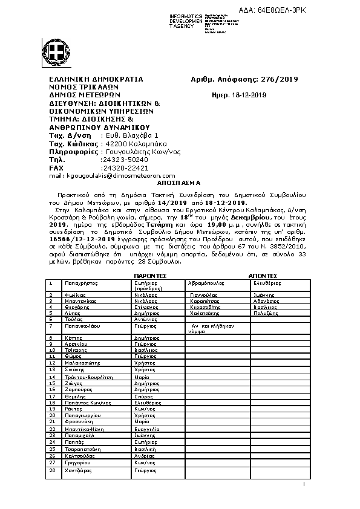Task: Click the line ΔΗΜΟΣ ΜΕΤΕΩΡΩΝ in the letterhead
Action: tap(85, 95)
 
